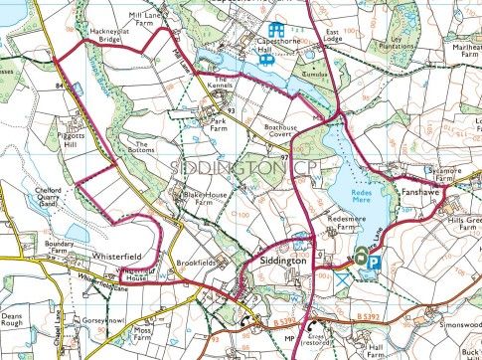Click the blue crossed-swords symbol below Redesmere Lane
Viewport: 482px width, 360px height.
point(345,281)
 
